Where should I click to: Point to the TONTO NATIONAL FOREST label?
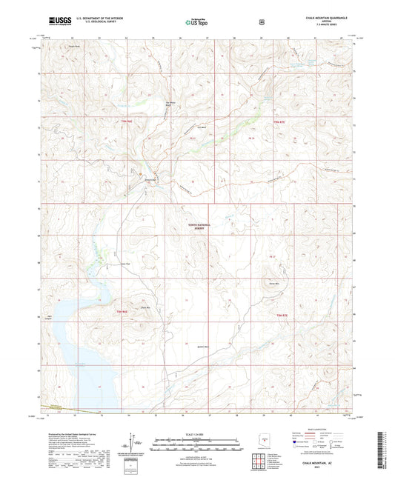tap(194, 228)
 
